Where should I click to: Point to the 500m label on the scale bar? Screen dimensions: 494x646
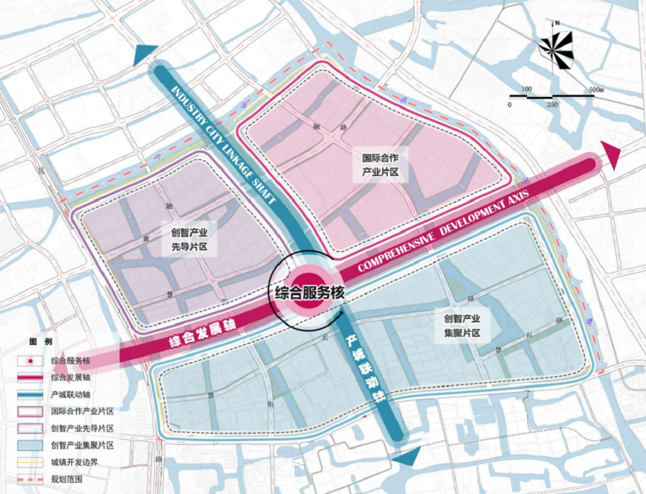[596, 90]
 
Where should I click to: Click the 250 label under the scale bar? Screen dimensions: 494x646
[551, 105]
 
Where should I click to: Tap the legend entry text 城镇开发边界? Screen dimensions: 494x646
[74, 463]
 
